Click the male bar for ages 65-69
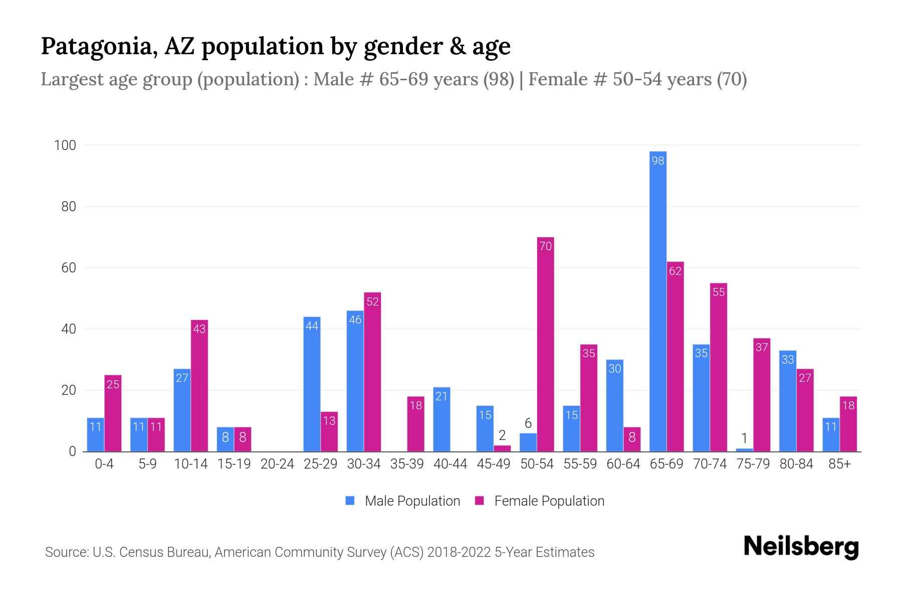click(x=657, y=301)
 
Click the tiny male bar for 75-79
click(x=744, y=449)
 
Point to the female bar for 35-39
click(x=415, y=424)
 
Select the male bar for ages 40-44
click(x=441, y=419)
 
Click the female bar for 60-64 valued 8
click(x=632, y=439)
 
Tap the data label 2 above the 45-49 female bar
click(x=502, y=436)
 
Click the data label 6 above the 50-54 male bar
click(x=528, y=423)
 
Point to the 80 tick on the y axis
click(x=68, y=207)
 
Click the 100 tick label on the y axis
click(x=65, y=145)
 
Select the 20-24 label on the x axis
click(x=277, y=464)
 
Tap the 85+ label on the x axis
click(x=839, y=464)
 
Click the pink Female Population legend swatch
click(x=480, y=501)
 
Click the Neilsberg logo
click(x=801, y=547)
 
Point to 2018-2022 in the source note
click(x=459, y=552)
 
